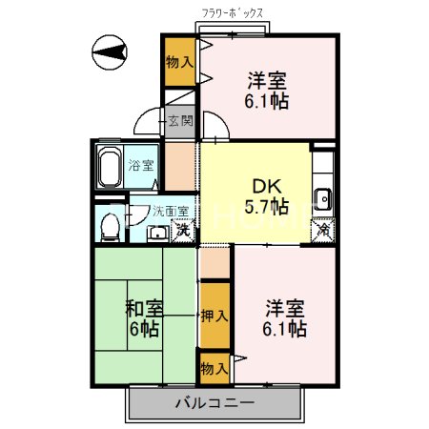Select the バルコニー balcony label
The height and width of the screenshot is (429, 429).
[214, 403]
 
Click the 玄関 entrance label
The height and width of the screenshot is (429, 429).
[180, 121]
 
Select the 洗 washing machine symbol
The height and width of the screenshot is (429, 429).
[182, 230]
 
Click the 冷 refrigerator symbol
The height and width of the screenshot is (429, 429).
[324, 230]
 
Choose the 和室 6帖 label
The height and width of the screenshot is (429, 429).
[143, 318]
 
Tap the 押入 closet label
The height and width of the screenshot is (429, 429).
[214, 316]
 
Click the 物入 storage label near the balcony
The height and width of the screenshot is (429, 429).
[214, 366]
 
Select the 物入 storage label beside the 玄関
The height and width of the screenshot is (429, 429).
[179, 63]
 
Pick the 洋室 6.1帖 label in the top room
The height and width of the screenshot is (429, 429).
[269, 89]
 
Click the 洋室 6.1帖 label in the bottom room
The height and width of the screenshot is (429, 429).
[284, 318]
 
